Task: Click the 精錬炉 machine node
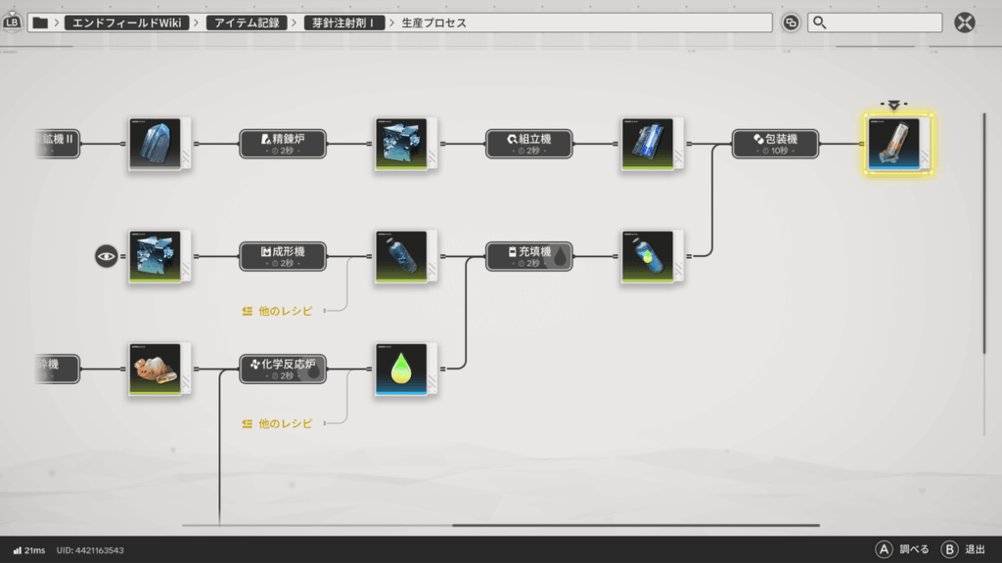tap(283, 144)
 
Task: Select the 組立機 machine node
tap(529, 144)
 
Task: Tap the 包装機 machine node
tap(776, 144)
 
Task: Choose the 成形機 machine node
tap(283, 256)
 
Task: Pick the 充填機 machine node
tap(529, 256)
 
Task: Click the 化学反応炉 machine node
tap(283, 368)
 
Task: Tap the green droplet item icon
tap(400, 368)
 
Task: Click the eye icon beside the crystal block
tap(106, 256)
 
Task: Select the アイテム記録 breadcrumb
tap(247, 22)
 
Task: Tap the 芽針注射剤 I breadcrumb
tap(348, 22)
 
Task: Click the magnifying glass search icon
tap(820, 22)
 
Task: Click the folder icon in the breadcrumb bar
tap(40, 22)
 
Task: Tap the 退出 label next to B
tap(975, 549)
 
